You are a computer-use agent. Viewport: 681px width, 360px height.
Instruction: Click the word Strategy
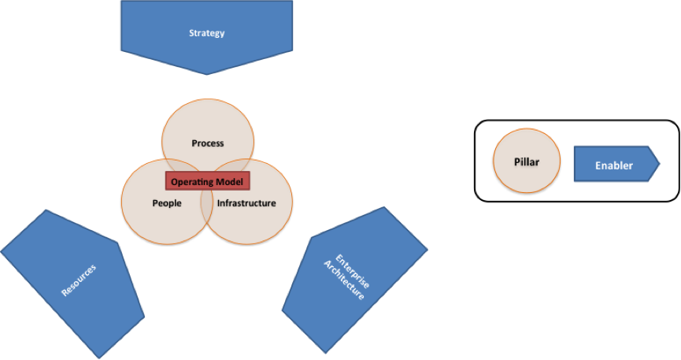pyautogui.click(x=207, y=33)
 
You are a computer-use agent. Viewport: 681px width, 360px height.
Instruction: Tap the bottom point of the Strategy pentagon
pyautogui.click(x=207, y=75)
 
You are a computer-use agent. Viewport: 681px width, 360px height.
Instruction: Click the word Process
pyautogui.click(x=208, y=143)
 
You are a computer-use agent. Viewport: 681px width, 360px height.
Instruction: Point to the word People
pyautogui.click(x=166, y=203)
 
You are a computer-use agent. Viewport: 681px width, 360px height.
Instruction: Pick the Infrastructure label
pyautogui.click(x=246, y=203)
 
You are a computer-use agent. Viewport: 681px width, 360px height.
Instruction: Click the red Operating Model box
pyautogui.click(x=208, y=181)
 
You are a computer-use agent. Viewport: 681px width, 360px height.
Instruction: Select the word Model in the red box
pyautogui.click(x=231, y=181)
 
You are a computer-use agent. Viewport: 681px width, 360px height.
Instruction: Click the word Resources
pyautogui.click(x=79, y=280)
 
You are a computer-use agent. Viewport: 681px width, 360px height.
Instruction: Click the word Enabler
pyautogui.click(x=614, y=165)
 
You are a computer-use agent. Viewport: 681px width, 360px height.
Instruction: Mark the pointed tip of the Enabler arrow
pyautogui.click(x=659, y=164)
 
